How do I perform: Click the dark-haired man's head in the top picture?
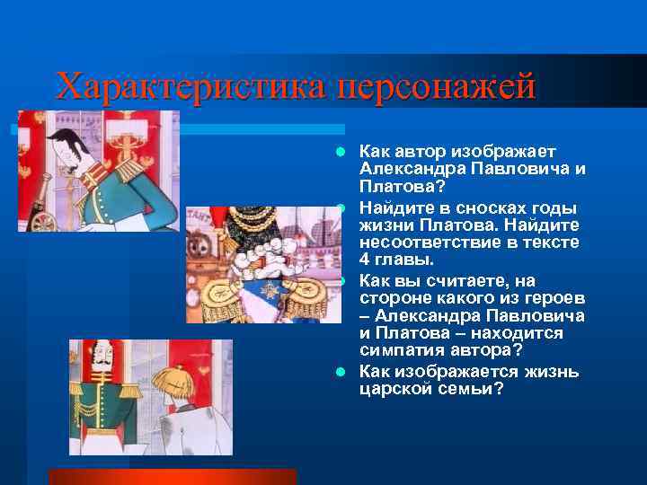pyautogui.click(x=66, y=144)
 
